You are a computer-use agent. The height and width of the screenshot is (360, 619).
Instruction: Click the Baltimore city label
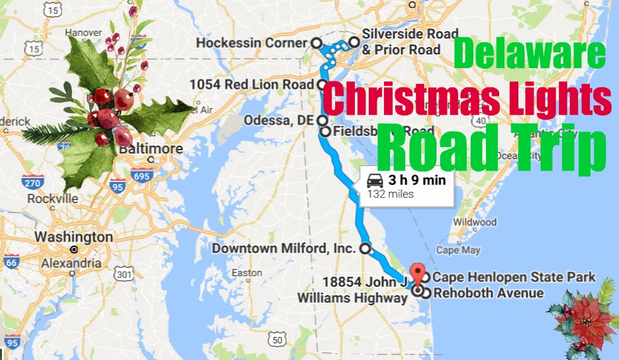(151, 148)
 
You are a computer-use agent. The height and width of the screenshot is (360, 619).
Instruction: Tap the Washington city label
(73, 236)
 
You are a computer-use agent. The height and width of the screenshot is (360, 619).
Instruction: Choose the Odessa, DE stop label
(279, 120)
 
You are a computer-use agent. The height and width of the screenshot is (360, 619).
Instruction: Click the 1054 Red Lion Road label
(252, 85)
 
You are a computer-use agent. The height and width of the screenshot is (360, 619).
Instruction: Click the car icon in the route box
(375, 180)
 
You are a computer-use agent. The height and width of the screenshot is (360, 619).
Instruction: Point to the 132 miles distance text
(391, 194)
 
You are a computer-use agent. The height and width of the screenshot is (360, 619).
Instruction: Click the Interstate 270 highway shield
(34, 182)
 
